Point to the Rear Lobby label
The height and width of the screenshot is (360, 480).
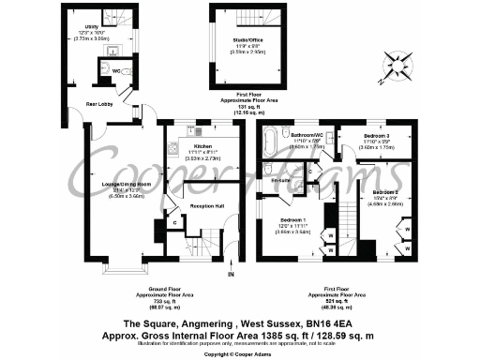tap(100, 104)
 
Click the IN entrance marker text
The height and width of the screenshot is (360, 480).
tap(230, 274)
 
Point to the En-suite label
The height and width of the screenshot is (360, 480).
tap(278, 178)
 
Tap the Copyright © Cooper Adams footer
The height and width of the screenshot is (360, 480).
tap(239, 354)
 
